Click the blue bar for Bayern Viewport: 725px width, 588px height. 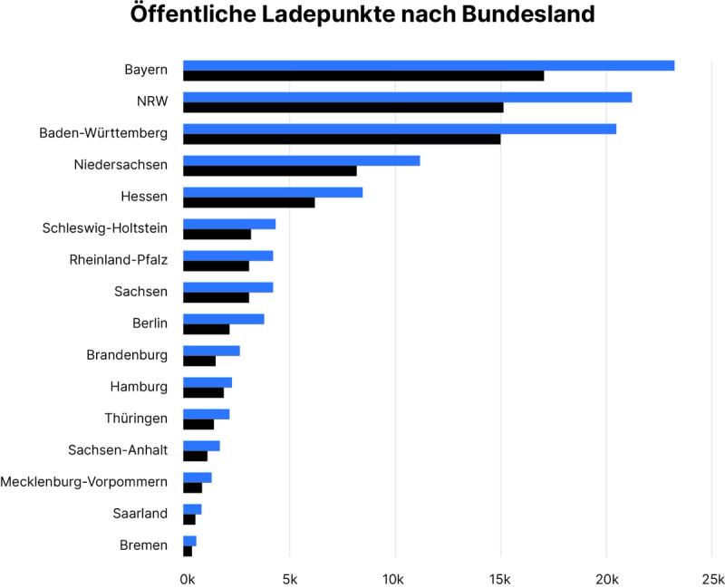tap(428, 65)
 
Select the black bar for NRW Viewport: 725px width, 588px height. tap(343, 108)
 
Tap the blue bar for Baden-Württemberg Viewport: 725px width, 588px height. tap(399, 129)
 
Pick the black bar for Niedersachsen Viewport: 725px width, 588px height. tap(269, 171)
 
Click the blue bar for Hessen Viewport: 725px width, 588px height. tap(272, 192)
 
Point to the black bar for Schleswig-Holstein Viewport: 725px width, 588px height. tap(217, 235)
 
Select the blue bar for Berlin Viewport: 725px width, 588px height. tap(223, 319)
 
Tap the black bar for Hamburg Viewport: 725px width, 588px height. tap(203, 392)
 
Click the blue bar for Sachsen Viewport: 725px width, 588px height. tap(227, 287)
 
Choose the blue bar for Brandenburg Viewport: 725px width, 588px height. tap(211, 351)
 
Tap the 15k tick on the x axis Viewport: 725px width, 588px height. tap(500, 578)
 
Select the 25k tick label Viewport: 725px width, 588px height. tap(711, 578)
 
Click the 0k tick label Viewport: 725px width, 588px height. tap(187, 578)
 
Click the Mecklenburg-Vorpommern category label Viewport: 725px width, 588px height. tap(84, 482)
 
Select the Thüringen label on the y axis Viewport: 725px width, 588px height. tap(136, 419)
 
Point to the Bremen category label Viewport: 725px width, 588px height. tap(143, 545)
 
